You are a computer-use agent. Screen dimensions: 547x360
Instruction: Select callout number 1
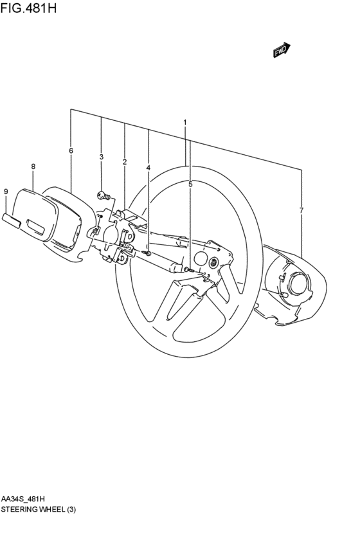pos(185,122)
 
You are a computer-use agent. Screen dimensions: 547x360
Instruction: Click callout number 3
pos(101,157)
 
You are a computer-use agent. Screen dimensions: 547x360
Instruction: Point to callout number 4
pos(148,168)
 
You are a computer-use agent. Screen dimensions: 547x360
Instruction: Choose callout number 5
pos(190,184)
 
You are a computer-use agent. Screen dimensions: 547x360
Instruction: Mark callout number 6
pos(71,150)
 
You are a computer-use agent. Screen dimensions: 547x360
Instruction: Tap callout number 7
pos(301,210)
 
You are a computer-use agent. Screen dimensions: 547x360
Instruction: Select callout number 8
pos(33,166)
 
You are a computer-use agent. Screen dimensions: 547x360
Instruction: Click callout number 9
pos(6,192)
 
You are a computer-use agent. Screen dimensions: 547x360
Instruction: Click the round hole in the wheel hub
pos(201,260)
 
